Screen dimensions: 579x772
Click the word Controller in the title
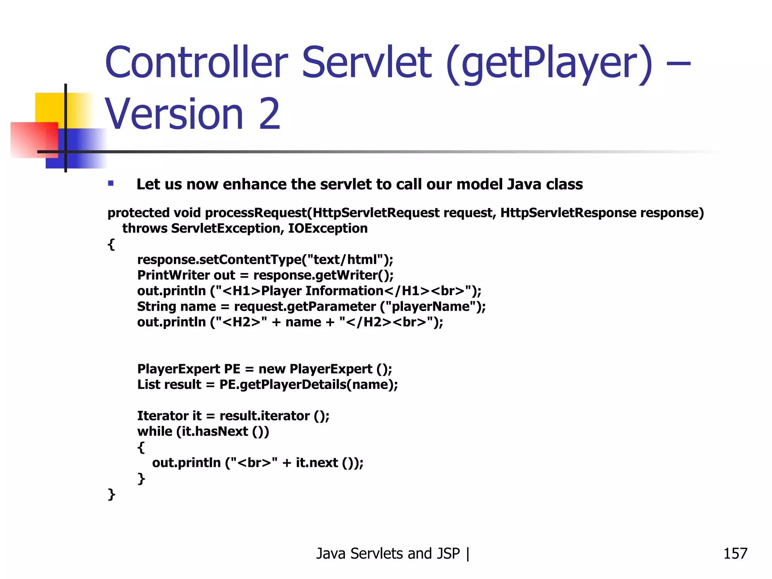pos(196,63)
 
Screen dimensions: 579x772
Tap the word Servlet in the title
pos(366,63)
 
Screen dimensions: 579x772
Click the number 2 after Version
pos(270,114)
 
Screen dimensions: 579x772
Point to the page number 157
pos(735,554)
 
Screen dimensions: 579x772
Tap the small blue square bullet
pos(111,184)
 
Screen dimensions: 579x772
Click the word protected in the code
pos(138,213)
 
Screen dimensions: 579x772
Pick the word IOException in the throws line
pos(328,228)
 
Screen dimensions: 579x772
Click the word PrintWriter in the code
pos(173,275)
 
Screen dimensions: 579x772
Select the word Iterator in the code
pos(163,416)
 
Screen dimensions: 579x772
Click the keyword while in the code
pos(155,431)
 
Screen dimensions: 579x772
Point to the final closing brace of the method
pos(111,494)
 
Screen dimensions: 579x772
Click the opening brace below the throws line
pos(111,244)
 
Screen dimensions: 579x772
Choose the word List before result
pos(149,384)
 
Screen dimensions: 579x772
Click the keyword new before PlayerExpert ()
pos(272,369)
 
